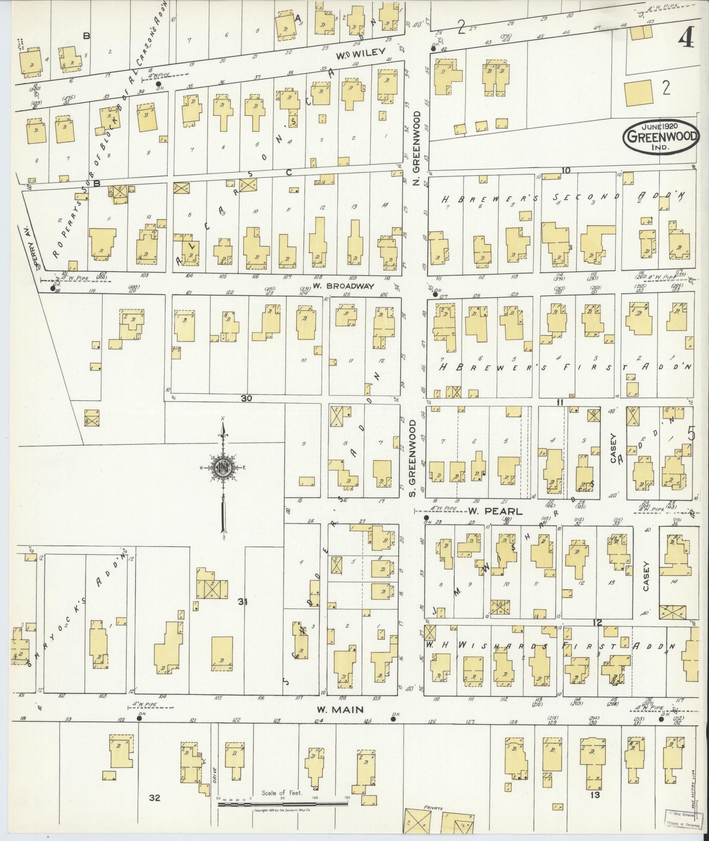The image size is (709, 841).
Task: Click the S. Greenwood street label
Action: pos(412,459)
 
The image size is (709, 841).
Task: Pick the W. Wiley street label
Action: pos(364,56)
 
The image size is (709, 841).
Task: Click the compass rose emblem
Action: pos(223,469)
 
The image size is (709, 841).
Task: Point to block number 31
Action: pos(243,602)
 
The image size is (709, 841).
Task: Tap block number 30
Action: pos(246,398)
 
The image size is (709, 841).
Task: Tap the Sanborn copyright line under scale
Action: pos(282,809)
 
